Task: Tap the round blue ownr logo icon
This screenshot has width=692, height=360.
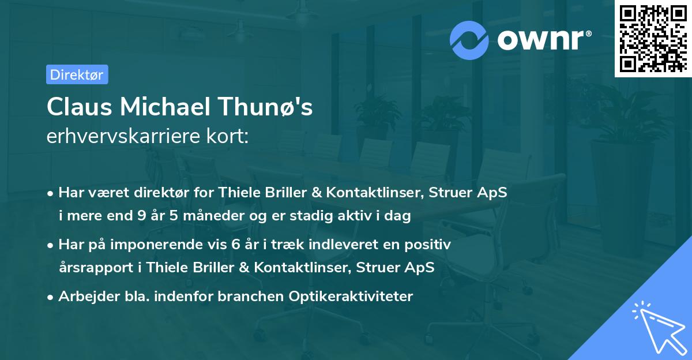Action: tap(469, 40)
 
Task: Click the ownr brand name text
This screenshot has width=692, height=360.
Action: tap(544, 39)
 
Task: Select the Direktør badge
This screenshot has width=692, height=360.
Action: tap(77, 74)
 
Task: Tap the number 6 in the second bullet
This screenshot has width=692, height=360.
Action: tap(235, 245)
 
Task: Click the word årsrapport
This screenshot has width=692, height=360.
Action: tap(92, 268)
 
